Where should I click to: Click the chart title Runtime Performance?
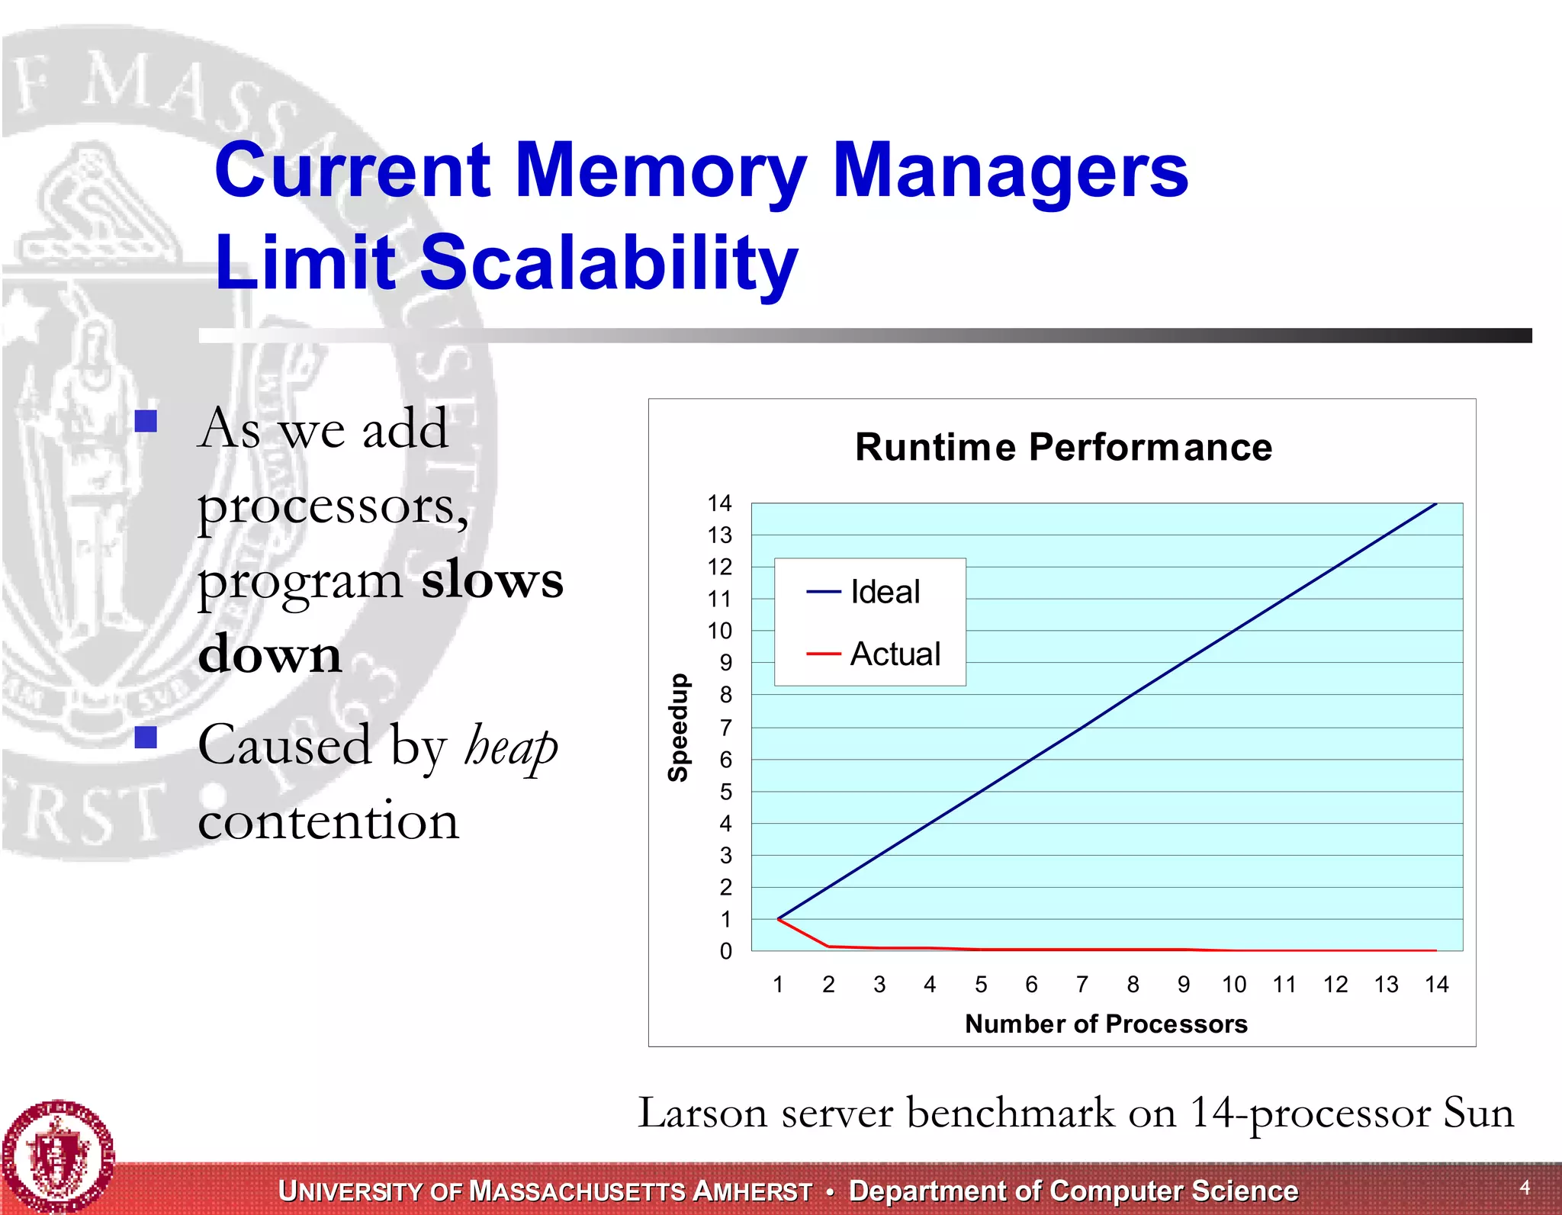tap(1063, 447)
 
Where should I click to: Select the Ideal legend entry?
tap(885, 592)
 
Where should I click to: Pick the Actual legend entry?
tap(895, 654)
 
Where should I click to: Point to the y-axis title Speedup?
tap(678, 728)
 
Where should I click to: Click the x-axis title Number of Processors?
tap(1106, 1024)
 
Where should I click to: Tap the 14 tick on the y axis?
tap(719, 503)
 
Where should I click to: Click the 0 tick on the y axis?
tap(725, 951)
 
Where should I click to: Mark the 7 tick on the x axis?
tap(1082, 985)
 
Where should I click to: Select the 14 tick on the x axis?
tap(1436, 985)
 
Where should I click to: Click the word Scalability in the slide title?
tap(608, 262)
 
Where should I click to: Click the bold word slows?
tap(493, 580)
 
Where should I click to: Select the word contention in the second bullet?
tap(329, 821)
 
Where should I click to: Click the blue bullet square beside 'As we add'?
tap(146, 421)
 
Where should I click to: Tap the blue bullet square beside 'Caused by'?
tap(146, 737)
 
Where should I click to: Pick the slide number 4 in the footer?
tap(1525, 1187)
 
